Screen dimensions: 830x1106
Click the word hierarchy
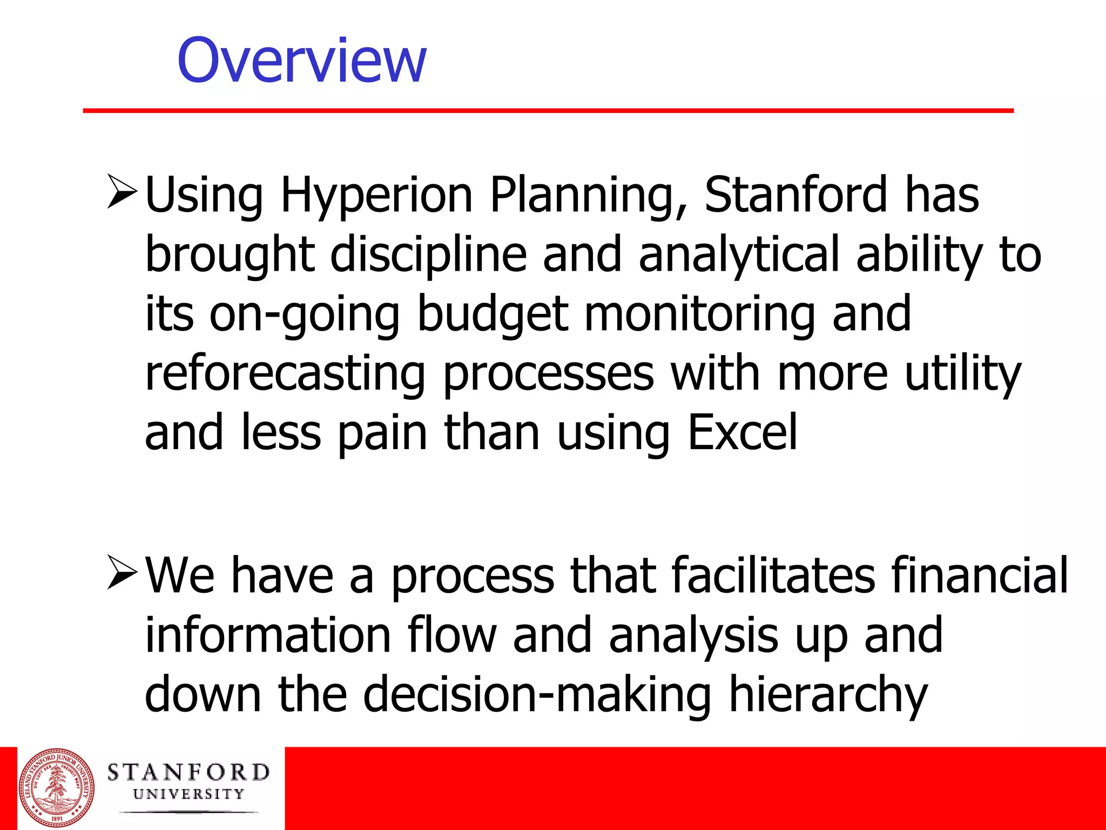tap(827, 694)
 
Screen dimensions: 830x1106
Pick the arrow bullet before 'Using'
tap(122, 192)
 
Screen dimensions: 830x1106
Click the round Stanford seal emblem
tap(56, 788)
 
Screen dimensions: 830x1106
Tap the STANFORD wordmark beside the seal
tap(188, 773)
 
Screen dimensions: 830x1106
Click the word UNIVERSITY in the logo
tap(188, 794)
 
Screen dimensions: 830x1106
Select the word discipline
tap(428, 255)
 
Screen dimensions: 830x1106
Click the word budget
tap(493, 314)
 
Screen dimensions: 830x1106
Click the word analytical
tap(739, 255)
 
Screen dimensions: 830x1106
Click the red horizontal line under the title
tap(548, 111)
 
